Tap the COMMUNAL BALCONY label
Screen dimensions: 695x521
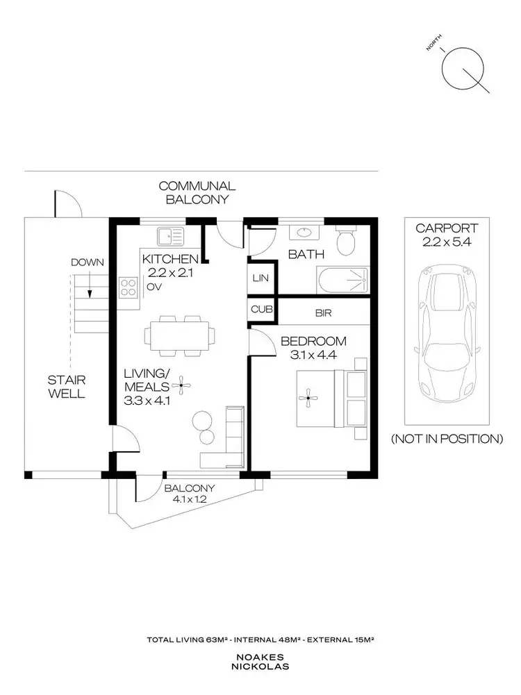[197, 192]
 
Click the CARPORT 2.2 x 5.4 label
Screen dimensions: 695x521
[446, 235]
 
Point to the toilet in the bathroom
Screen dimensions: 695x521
[345, 242]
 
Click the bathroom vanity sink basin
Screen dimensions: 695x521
[304, 233]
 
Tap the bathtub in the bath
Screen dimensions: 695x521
[342, 280]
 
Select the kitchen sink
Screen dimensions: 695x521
[169, 237]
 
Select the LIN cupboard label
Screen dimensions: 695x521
[261, 278]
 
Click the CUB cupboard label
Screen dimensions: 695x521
[261, 309]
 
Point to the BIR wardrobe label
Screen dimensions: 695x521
[323, 313]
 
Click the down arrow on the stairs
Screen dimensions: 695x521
[88, 285]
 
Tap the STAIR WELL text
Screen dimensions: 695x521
[67, 387]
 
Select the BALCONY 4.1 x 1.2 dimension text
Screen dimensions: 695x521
[190, 493]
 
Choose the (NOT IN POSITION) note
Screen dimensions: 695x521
[446, 439]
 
